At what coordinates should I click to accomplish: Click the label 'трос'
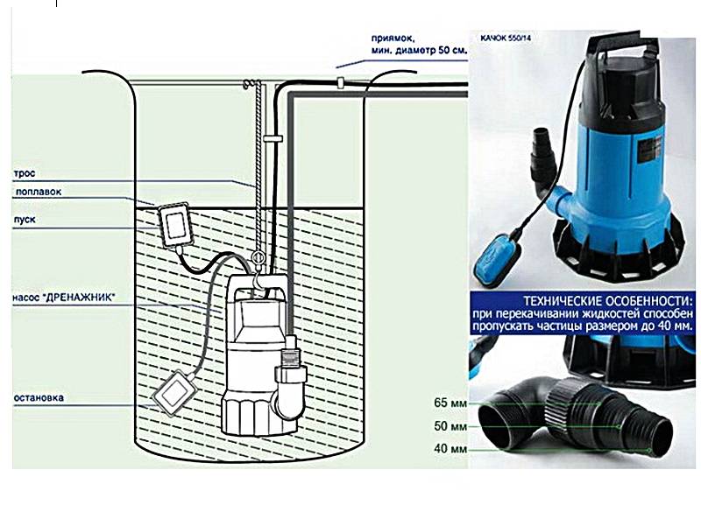[x=25, y=173]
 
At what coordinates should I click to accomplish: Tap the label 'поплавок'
[x=39, y=192]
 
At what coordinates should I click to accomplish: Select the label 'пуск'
[x=25, y=220]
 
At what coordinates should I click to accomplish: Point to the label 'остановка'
[x=39, y=397]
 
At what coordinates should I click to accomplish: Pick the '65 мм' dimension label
[x=450, y=403]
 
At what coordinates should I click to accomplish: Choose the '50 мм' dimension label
[x=450, y=426]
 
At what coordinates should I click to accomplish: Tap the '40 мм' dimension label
[x=450, y=448]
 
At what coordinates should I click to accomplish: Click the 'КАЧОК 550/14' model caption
[x=506, y=38]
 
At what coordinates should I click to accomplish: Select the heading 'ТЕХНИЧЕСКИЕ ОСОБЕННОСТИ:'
[x=608, y=300]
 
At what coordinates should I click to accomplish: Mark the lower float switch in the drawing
[x=173, y=392]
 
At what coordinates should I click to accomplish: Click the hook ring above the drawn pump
[x=258, y=257]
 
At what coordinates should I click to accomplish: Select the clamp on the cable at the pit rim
[x=340, y=82]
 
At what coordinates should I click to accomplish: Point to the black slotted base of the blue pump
[x=619, y=250]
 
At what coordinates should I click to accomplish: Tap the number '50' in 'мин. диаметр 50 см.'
[x=444, y=51]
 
